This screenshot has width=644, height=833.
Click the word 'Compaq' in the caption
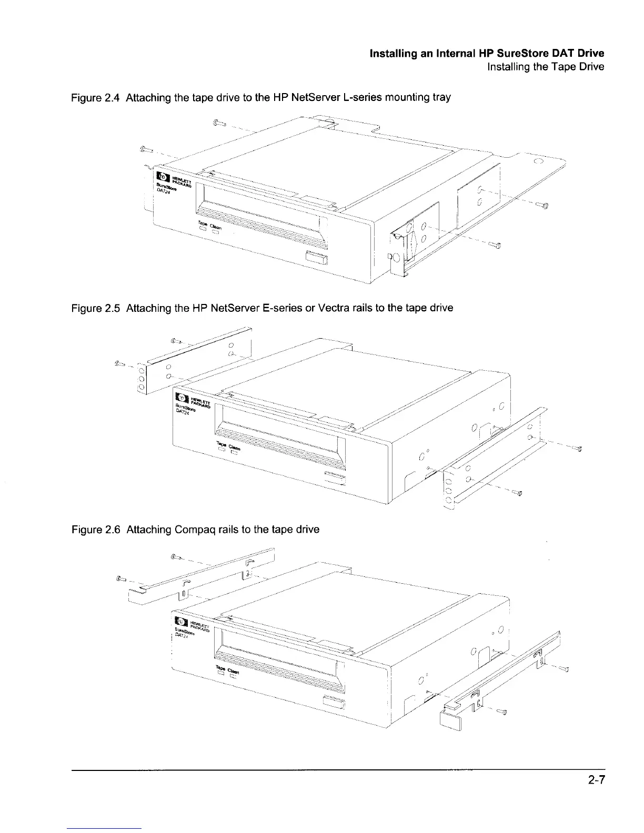187,530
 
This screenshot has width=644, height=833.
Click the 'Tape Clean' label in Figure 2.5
228,446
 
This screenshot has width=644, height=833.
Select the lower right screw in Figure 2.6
502,713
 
